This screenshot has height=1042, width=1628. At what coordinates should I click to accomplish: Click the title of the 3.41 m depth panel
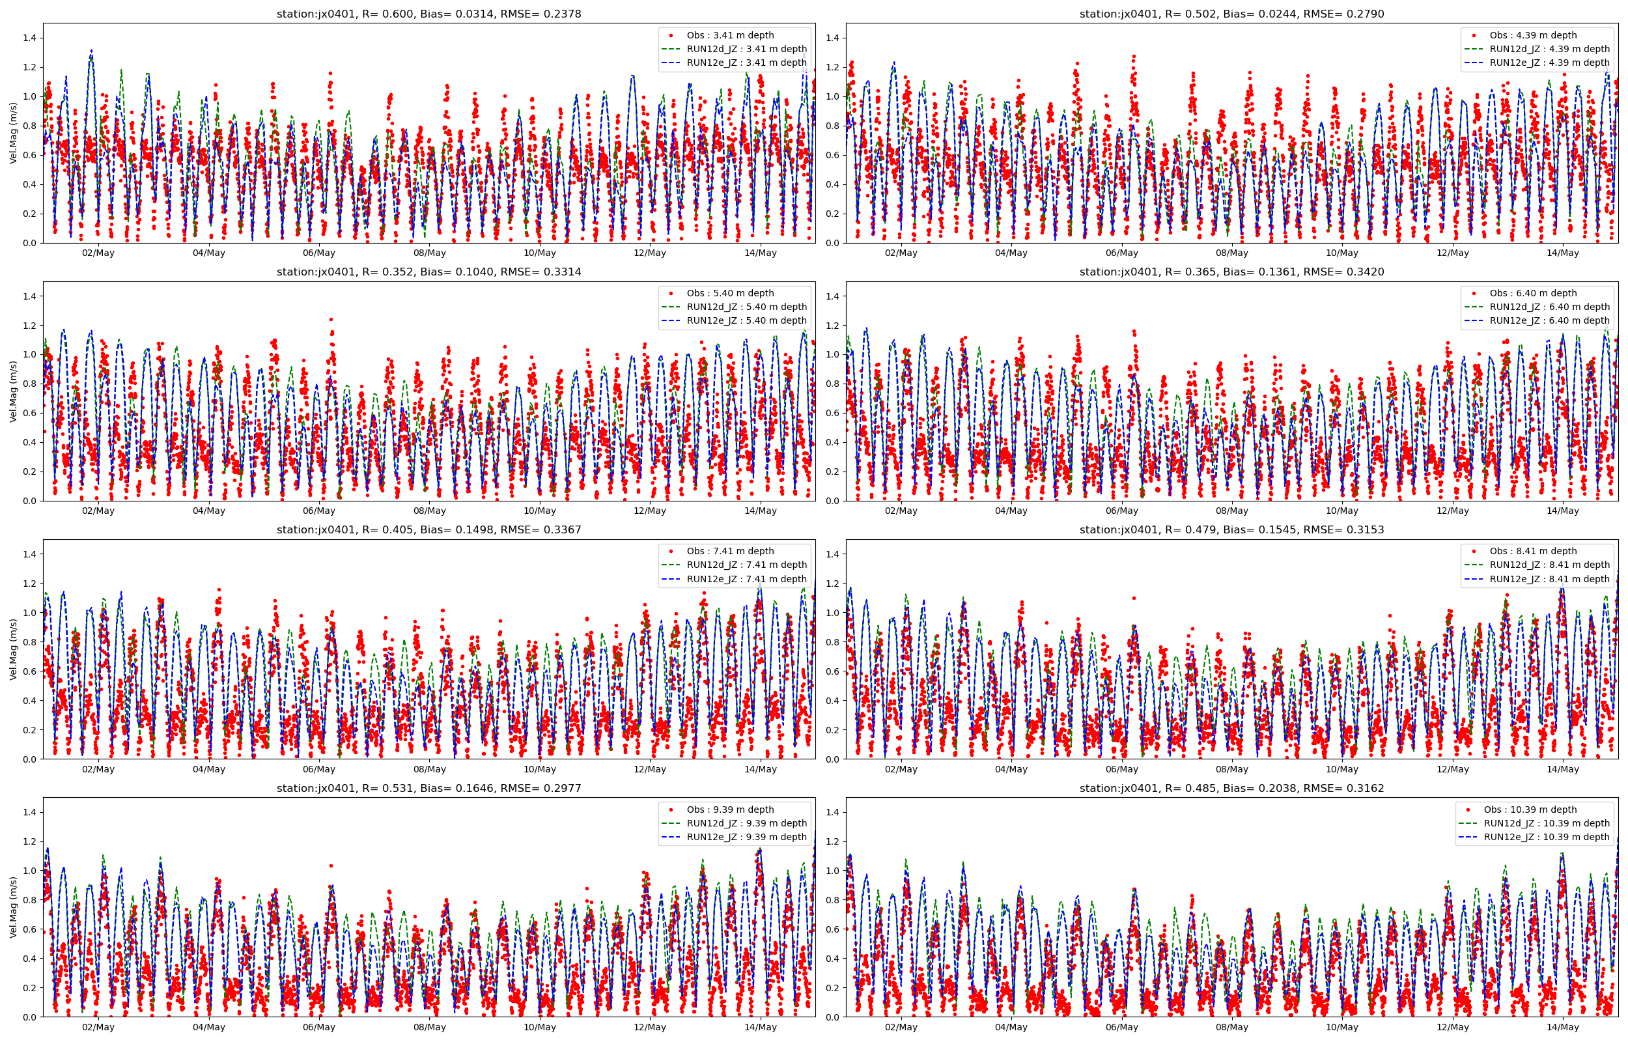[x=428, y=14]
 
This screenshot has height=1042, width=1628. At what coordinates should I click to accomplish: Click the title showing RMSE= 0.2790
[x=1231, y=14]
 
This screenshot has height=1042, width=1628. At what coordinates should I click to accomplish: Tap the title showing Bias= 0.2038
[x=1231, y=788]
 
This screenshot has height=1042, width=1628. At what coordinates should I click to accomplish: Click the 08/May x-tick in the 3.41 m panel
[x=430, y=253]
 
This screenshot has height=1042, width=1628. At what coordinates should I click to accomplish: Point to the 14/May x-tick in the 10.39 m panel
[x=1562, y=1027]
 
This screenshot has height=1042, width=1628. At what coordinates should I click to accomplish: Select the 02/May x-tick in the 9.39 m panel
[x=98, y=1027]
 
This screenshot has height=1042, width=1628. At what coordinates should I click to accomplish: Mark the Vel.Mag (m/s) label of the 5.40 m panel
[x=13, y=391]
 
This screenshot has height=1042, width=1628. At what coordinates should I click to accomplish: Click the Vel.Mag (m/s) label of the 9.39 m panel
[x=13, y=907]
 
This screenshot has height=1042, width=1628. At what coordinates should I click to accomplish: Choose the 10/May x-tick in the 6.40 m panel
[x=1342, y=511]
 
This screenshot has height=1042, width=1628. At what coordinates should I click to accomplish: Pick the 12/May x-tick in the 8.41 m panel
[x=1452, y=769]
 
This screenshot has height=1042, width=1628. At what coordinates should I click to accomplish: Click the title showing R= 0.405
[x=428, y=530]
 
